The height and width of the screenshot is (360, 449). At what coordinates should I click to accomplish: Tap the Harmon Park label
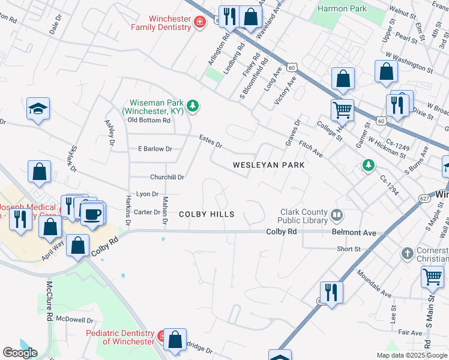click(x=342, y=8)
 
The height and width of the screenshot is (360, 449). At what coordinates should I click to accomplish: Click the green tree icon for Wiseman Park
click(x=192, y=107)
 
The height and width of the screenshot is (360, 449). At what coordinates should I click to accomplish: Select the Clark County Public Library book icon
click(x=337, y=215)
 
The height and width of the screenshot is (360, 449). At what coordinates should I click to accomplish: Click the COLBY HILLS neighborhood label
click(x=206, y=214)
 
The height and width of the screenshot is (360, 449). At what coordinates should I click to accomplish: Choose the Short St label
click(x=348, y=249)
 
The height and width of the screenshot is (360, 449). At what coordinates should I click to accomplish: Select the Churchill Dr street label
click(x=167, y=177)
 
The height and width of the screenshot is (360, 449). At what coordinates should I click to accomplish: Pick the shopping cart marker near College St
click(x=342, y=109)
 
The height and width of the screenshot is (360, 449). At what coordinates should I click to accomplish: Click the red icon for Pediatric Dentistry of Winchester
click(x=161, y=336)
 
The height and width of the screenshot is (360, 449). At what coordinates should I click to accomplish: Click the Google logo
click(x=20, y=353)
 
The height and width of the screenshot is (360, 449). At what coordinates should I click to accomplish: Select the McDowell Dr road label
click(x=75, y=320)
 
